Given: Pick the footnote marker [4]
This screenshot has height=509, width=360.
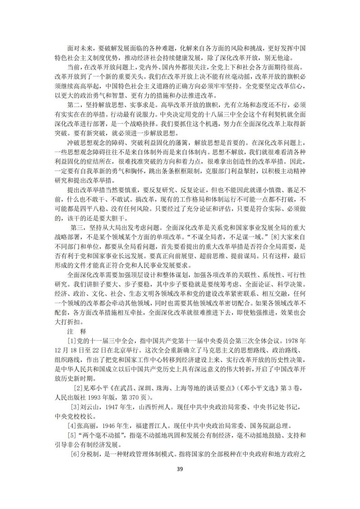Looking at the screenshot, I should (x=72, y=425).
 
